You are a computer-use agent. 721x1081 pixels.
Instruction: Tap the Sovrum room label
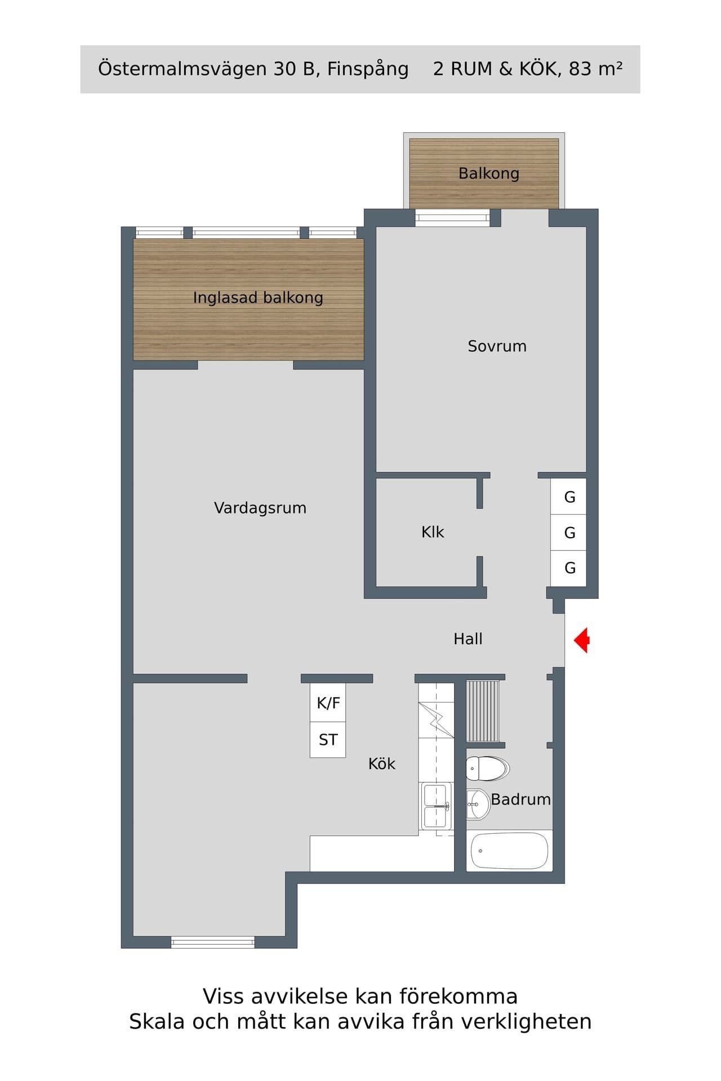pyautogui.click(x=497, y=346)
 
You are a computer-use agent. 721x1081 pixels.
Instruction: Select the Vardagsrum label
pyautogui.click(x=260, y=508)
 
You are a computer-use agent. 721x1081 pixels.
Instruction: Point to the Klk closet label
pyautogui.click(x=433, y=532)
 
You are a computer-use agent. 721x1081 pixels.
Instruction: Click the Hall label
pyautogui.click(x=468, y=638)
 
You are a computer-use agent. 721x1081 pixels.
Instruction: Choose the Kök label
pyautogui.click(x=382, y=763)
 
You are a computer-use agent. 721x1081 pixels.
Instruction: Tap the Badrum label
pyautogui.click(x=520, y=799)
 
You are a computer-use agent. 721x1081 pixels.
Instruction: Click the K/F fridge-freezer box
pyautogui.click(x=328, y=703)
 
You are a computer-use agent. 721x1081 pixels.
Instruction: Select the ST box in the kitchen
pyautogui.click(x=328, y=740)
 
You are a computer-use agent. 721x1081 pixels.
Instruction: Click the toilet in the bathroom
pyautogui.click(x=488, y=769)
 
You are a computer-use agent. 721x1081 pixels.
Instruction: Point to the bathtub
pyautogui.click(x=509, y=851)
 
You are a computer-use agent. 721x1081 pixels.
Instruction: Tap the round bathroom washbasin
pyautogui.click(x=478, y=805)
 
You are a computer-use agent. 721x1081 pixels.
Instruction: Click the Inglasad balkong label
pyautogui.click(x=258, y=297)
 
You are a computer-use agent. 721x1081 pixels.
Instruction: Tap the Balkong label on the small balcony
pyautogui.click(x=489, y=173)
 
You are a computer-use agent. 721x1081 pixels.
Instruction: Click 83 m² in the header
pyautogui.click(x=595, y=68)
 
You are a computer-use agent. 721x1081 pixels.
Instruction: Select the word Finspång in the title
pyautogui.click(x=368, y=69)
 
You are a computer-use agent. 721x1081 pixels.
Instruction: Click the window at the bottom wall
pyautogui.click(x=213, y=942)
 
